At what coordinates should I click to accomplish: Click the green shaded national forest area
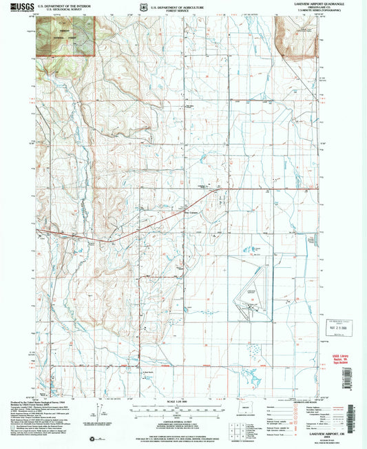pos(65,34)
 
